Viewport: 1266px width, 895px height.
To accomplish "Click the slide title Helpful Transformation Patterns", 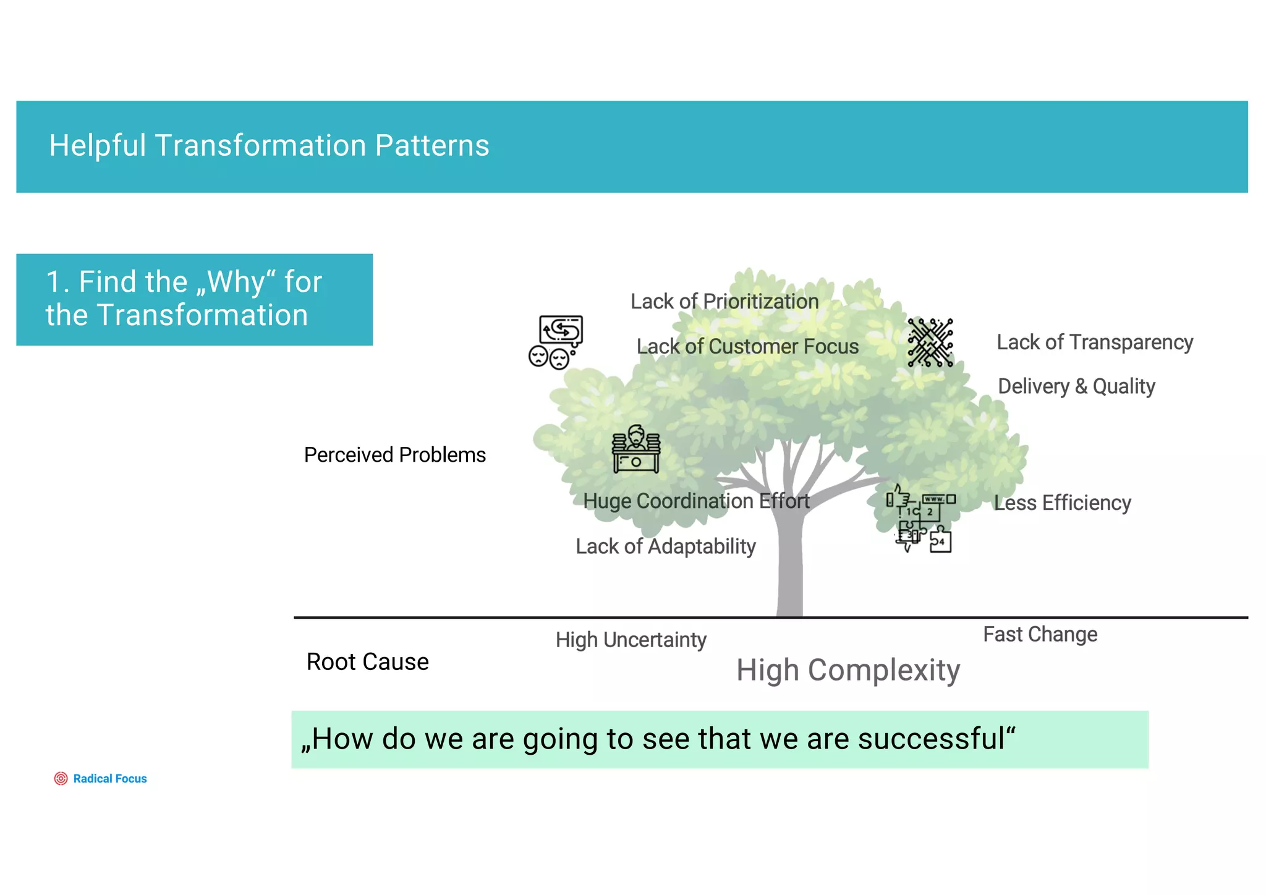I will pyautogui.click(x=269, y=146).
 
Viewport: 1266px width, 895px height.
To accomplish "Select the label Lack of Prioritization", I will pyautogui.click(x=724, y=302).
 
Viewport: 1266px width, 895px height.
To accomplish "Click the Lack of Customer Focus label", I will pyautogui.click(x=747, y=347).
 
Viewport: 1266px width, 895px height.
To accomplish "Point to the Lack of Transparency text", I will pyautogui.click(x=1094, y=342).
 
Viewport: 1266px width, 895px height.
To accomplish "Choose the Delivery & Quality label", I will pyautogui.click(x=1076, y=386).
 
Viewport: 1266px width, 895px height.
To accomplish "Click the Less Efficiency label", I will pyautogui.click(x=1062, y=503).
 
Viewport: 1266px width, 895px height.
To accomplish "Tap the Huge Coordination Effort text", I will pyautogui.click(x=696, y=501).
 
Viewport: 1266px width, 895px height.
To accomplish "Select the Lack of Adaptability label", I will pyautogui.click(x=666, y=546).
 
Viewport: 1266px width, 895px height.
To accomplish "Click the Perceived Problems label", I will pyautogui.click(x=394, y=455).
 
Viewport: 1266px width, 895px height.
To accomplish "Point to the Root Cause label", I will pyautogui.click(x=367, y=662).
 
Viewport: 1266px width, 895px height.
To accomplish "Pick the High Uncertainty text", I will pyautogui.click(x=631, y=640).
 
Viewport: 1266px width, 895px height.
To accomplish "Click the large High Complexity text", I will pyautogui.click(x=848, y=671).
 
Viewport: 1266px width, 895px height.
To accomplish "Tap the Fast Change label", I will pyautogui.click(x=1040, y=635).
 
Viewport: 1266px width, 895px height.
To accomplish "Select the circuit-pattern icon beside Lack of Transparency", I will pyautogui.click(x=930, y=342).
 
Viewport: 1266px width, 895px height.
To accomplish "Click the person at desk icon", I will pyautogui.click(x=635, y=449).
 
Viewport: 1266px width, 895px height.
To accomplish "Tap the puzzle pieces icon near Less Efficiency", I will pyautogui.click(x=922, y=518).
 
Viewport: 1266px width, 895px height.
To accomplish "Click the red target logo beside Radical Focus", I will pyautogui.click(x=61, y=779).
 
